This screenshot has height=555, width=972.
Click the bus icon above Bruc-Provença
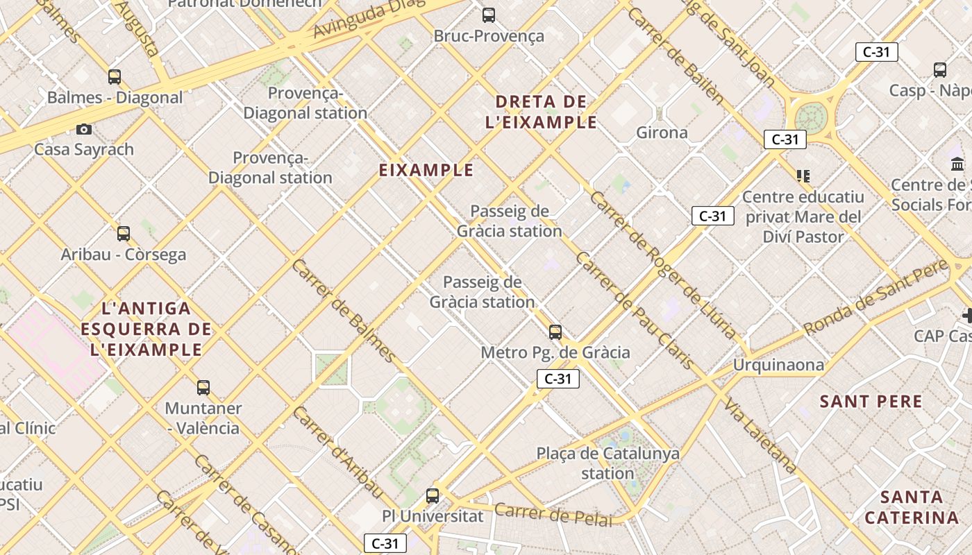[x=489, y=15]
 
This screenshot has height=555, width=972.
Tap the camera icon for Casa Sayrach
[x=84, y=129]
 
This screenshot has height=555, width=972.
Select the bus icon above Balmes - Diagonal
[x=115, y=77]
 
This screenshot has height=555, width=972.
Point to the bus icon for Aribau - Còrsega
[x=124, y=234]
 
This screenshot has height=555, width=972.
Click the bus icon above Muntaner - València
[x=203, y=388]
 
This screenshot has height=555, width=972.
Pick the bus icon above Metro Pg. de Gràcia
[x=555, y=332]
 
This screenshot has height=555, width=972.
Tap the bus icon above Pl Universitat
[x=433, y=496]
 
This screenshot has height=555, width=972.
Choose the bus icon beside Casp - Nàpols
[x=940, y=70]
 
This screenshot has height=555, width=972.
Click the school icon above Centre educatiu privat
[x=803, y=176]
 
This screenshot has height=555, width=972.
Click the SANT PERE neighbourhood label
[x=871, y=402]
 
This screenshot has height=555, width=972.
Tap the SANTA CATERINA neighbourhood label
[x=912, y=507]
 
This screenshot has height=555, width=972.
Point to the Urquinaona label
[x=779, y=365]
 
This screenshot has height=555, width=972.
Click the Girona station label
[x=662, y=133]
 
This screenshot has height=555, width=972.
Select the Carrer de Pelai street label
[x=553, y=515]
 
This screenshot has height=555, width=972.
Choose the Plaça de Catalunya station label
[x=608, y=463]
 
